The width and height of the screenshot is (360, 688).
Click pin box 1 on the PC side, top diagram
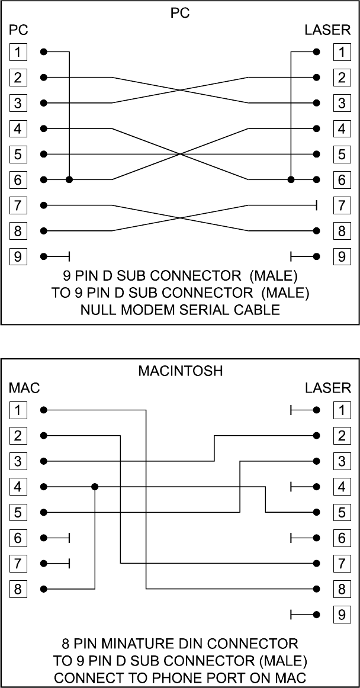pos(18,52)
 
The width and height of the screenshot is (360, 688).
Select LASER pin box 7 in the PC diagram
pos(341,205)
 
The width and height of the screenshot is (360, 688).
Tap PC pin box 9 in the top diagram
pos(18,256)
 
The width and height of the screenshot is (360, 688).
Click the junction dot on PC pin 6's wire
pos(69,179)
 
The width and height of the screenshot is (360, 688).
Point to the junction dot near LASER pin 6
pos(291,179)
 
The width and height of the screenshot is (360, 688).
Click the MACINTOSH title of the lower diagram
pos(180,372)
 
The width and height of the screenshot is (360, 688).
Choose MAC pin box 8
pos(18,589)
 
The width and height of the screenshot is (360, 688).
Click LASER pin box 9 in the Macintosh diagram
pos(341,615)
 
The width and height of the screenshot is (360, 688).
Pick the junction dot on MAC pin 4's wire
pos(95,487)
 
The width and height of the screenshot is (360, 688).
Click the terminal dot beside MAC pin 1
pos(43,410)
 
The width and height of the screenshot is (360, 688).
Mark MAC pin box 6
pos(18,538)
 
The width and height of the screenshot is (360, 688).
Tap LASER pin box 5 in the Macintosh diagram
pos(341,512)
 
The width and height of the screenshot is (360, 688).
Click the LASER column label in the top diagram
pos(327,30)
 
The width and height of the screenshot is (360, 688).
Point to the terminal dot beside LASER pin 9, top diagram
pos(317,256)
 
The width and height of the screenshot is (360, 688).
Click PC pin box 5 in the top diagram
pos(18,155)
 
